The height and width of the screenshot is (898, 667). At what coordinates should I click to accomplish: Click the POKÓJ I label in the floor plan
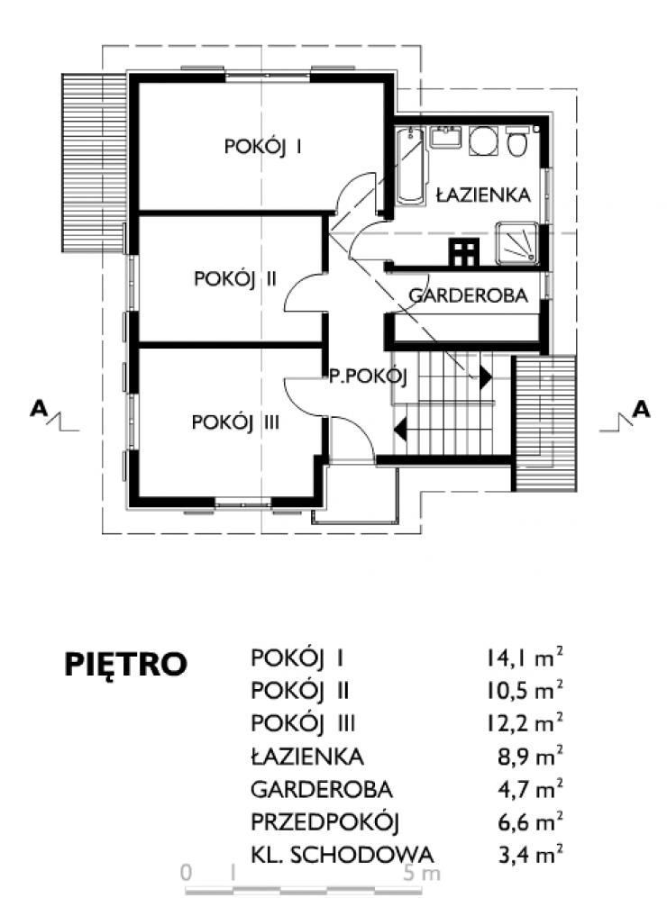(x=263, y=147)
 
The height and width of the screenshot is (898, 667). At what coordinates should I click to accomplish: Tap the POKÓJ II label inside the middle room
(x=235, y=279)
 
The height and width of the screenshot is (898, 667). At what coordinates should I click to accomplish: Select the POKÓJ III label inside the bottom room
(x=235, y=422)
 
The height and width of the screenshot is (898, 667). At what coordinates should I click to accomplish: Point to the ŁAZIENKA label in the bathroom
(x=483, y=195)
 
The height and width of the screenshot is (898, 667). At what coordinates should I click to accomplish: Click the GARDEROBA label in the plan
(x=468, y=295)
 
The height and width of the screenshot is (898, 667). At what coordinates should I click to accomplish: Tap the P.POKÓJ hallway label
(x=368, y=376)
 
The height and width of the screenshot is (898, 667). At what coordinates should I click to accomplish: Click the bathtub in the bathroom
(x=410, y=166)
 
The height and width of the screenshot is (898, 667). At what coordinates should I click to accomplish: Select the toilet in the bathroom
(x=517, y=142)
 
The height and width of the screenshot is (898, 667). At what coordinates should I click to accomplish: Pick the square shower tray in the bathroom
(x=516, y=243)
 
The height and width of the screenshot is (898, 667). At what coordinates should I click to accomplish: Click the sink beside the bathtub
(x=446, y=138)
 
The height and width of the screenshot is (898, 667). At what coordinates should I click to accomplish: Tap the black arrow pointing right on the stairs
(x=486, y=377)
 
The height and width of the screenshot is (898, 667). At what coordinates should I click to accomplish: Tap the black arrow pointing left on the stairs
(x=400, y=428)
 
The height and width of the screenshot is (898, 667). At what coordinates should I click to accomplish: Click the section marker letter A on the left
(x=39, y=408)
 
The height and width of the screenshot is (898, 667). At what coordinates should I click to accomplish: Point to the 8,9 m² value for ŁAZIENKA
(x=530, y=757)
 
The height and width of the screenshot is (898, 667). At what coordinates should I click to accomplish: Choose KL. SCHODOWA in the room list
(x=343, y=855)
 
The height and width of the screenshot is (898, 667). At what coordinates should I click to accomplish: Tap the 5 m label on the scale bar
(x=422, y=874)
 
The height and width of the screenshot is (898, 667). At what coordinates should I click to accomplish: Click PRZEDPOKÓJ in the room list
(x=324, y=822)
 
